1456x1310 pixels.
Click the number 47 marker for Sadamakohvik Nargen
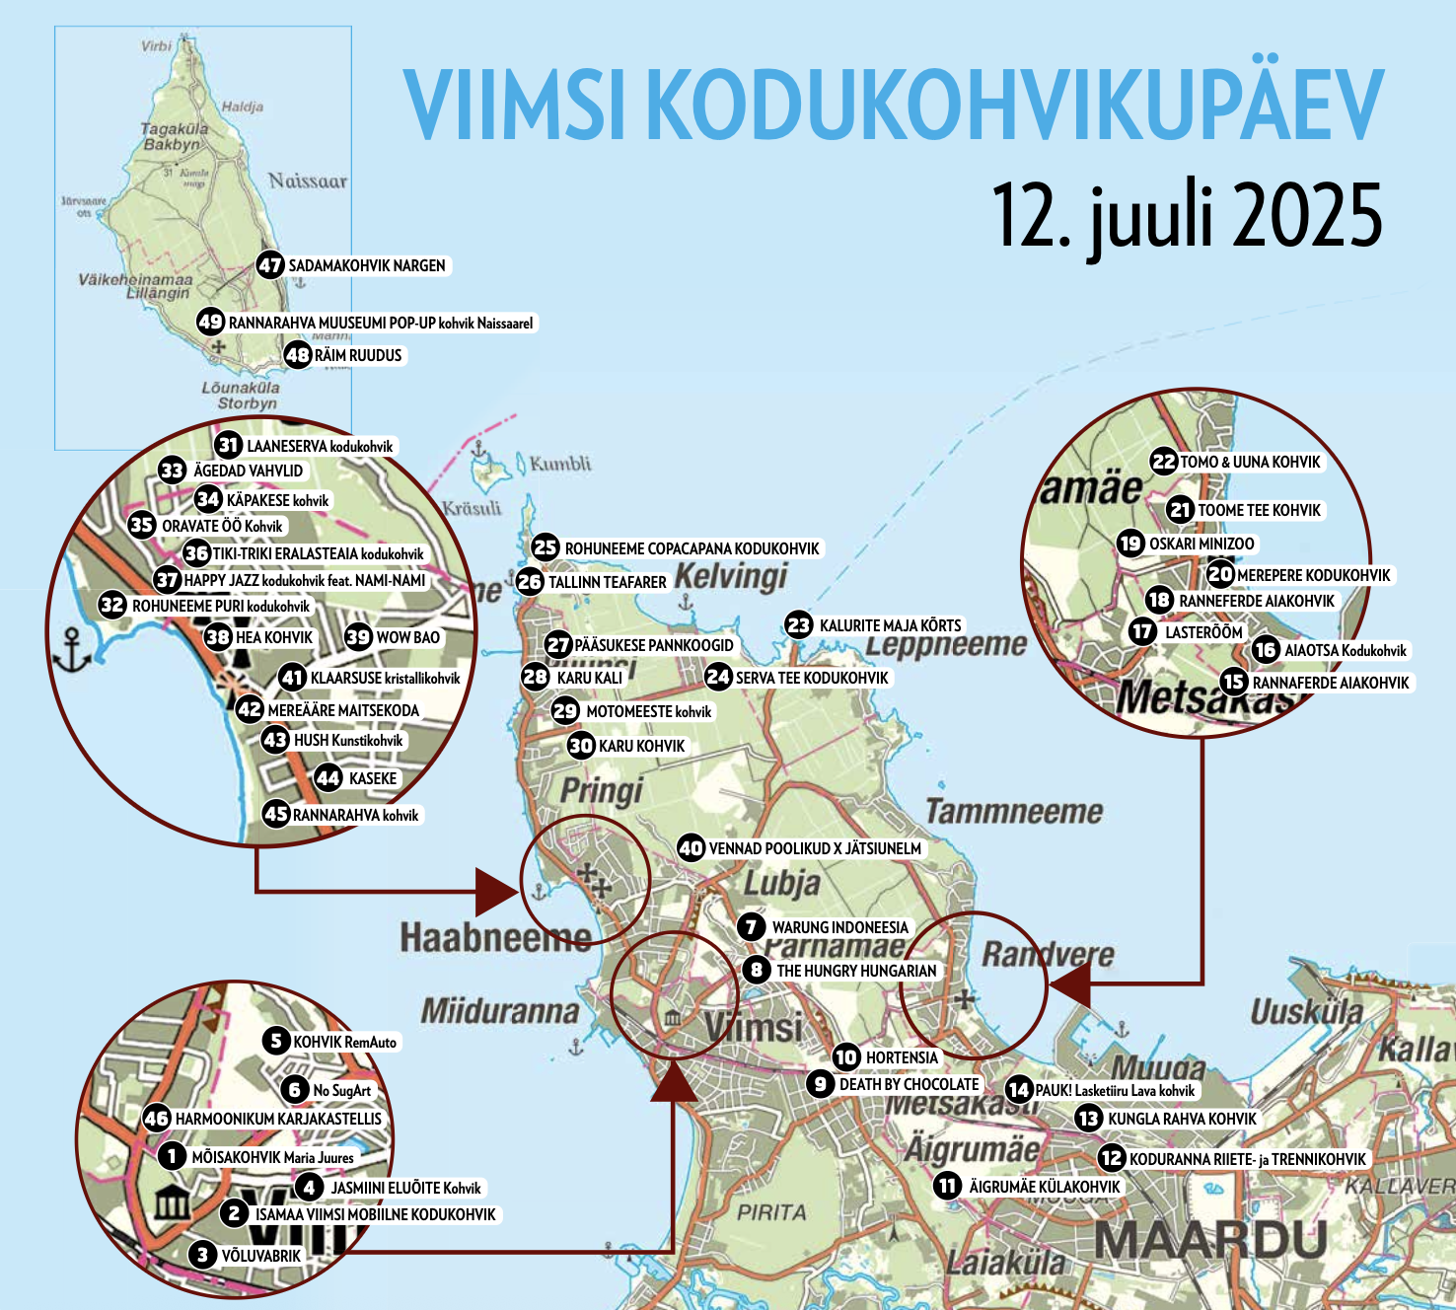click(x=270, y=265)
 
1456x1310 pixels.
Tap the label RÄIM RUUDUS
click(x=358, y=355)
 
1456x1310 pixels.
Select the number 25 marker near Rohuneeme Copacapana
click(x=546, y=547)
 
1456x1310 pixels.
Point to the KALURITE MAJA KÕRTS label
click(x=890, y=625)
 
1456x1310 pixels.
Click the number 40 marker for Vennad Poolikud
click(x=691, y=848)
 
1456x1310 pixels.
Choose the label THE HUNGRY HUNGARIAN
click(x=856, y=971)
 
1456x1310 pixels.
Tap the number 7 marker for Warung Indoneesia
click(x=752, y=927)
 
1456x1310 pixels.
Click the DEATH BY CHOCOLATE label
click(x=909, y=1084)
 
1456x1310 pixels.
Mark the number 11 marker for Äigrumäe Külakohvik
click(x=948, y=1186)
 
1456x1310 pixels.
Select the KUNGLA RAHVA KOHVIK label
click(x=1182, y=1119)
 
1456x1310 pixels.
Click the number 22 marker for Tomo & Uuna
click(x=1164, y=462)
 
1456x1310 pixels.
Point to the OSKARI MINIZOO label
click(x=1201, y=544)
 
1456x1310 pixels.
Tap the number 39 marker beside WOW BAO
click(x=358, y=637)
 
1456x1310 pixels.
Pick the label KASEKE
click(x=373, y=778)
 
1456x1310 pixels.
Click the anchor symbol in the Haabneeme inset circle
click(x=74, y=649)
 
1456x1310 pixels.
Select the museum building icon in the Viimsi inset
click(x=173, y=1202)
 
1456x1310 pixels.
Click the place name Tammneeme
click(x=1014, y=812)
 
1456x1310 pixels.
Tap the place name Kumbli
click(x=560, y=464)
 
